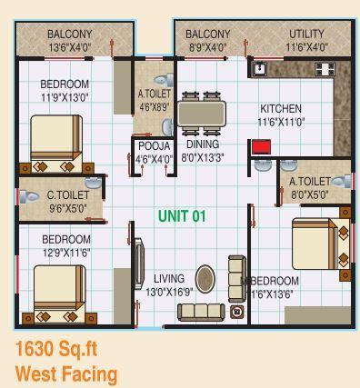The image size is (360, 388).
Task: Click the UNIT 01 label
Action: [x=183, y=216]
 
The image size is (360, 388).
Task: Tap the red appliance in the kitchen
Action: [x=262, y=148]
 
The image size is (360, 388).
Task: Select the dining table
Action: [x=202, y=113]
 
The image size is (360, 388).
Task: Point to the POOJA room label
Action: [x=153, y=145]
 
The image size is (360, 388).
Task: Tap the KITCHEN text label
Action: [x=280, y=108]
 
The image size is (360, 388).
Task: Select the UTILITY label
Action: [x=306, y=35]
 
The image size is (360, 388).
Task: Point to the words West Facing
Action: [x=65, y=373]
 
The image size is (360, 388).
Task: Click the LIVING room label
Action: [x=169, y=278]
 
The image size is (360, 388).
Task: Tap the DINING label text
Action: [x=202, y=144]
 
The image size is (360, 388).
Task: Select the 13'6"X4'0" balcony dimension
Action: [x=70, y=47]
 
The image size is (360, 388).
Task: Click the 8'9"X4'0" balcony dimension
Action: [x=208, y=47]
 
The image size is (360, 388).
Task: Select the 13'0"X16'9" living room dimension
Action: [x=168, y=292]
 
